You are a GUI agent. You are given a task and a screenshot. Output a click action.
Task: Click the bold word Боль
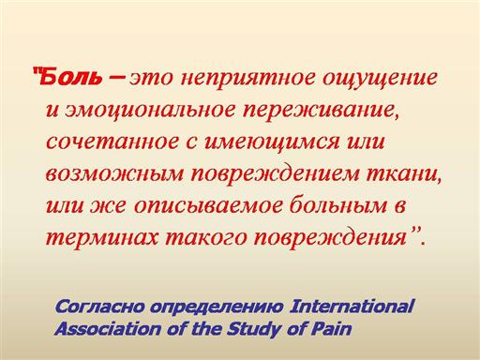[71, 77]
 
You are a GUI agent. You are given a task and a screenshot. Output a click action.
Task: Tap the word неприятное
[248, 78]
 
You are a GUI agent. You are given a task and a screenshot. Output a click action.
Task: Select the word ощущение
[380, 79]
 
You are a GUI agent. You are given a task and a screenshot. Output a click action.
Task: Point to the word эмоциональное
[149, 111]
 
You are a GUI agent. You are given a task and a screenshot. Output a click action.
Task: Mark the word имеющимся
[272, 142]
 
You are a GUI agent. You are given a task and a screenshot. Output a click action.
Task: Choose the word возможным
[114, 173]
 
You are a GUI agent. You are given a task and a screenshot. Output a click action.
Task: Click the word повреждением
[276, 174]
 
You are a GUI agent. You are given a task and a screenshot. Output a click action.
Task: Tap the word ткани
[404, 173]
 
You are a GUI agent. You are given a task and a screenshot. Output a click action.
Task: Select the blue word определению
[217, 307]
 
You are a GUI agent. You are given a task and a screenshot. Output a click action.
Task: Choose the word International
[352, 307]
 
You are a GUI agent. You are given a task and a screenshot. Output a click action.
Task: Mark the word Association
[107, 329]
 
